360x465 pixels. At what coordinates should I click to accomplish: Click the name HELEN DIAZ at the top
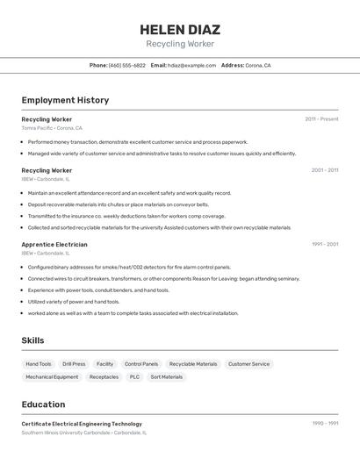(x=180, y=29)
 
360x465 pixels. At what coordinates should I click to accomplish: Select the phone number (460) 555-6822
(x=127, y=65)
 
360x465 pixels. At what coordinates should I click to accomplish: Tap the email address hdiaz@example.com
(x=192, y=65)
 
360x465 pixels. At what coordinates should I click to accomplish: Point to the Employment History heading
(x=65, y=100)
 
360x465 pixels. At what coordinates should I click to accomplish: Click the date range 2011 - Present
(x=321, y=118)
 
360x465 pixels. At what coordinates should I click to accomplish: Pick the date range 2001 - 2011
(x=325, y=170)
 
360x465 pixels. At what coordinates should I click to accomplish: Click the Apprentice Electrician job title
(x=54, y=244)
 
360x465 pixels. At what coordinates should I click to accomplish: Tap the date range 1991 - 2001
(x=325, y=244)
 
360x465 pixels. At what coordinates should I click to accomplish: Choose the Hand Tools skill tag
(x=39, y=364)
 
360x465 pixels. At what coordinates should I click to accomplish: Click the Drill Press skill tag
(x=74, y=364)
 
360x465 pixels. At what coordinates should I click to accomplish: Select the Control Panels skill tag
(x=141, y=364)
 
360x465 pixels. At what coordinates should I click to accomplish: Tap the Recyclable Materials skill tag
(x=193, y=364)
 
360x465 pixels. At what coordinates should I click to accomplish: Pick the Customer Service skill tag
(x=248, y=364)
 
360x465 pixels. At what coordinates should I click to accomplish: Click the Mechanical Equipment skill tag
(x=52, y=377)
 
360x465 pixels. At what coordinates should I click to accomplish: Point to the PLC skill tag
(x=134, y=377)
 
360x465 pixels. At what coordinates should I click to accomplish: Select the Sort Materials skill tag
(x=167, y=377)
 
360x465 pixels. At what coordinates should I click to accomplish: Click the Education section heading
(x=43, y=404)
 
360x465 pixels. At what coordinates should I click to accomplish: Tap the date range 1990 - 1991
(x=325, y=423)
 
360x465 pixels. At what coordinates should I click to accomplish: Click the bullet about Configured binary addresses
(x=129, y=267)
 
